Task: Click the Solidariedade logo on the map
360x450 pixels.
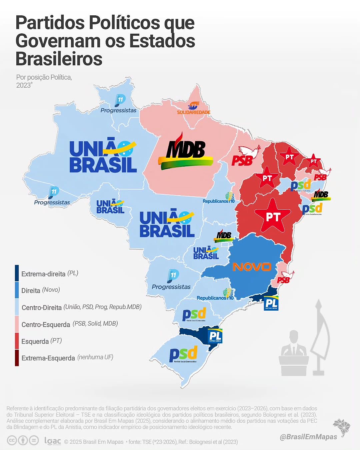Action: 194,108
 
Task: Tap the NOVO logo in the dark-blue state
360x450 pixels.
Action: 252,267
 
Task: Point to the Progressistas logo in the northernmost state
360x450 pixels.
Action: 119,104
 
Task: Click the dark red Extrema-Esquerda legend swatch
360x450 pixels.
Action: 17,358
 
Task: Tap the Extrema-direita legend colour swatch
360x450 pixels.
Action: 17,273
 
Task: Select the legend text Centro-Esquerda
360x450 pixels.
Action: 46,324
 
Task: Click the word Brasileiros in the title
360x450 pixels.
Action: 59,59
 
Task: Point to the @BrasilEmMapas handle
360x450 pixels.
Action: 308,436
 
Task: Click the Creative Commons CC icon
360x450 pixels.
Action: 12,441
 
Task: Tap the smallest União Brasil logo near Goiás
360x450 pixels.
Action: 206,253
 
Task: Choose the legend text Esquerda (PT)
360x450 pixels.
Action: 41,341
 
